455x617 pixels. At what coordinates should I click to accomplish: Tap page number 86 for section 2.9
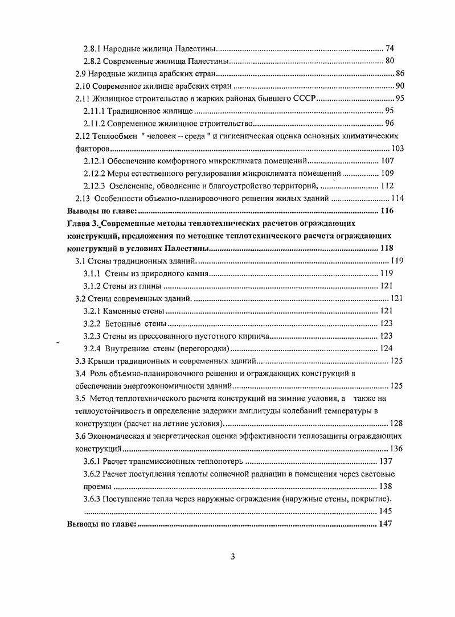[x=400, y=74]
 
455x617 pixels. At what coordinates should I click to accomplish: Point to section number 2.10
[x=85, y=87]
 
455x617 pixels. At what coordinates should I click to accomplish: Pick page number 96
[x=390, y=124]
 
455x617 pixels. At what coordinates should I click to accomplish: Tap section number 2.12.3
[x=94, y=186]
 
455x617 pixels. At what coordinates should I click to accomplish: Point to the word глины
[x=147, y=286]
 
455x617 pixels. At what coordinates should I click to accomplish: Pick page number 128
[x=396, y=423]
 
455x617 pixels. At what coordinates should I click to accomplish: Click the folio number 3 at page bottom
[x=232, y=557]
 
